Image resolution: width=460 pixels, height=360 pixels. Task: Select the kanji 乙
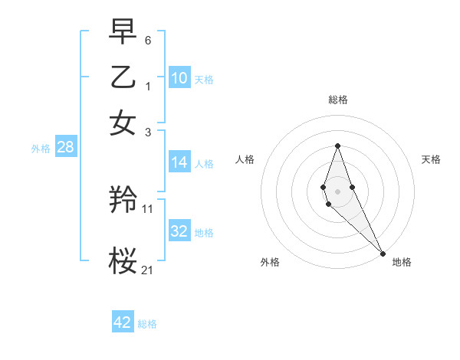click(123, 77)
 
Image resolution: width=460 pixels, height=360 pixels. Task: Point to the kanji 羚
click(123, 201)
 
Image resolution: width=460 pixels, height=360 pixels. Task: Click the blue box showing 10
click(179, 78)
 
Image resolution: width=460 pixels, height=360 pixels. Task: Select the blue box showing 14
click(179, 162)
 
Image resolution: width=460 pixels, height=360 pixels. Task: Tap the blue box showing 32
click(179, 231)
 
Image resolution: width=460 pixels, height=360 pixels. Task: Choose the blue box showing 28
click(65, 148)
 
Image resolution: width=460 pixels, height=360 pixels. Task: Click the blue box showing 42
click(123, 322)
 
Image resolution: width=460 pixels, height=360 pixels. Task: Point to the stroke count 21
click(148, 270)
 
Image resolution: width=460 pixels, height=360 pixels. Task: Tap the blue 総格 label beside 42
click(147, 324)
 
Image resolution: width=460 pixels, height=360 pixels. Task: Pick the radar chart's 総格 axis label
click(337, 100)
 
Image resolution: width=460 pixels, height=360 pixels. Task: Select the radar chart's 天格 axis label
click(431, 159)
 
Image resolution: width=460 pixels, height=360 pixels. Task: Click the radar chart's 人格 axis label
click(245, 159)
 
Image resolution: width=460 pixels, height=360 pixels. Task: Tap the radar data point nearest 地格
click(383, 253)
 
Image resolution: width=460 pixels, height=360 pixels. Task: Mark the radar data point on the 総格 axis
click(337, 146)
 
